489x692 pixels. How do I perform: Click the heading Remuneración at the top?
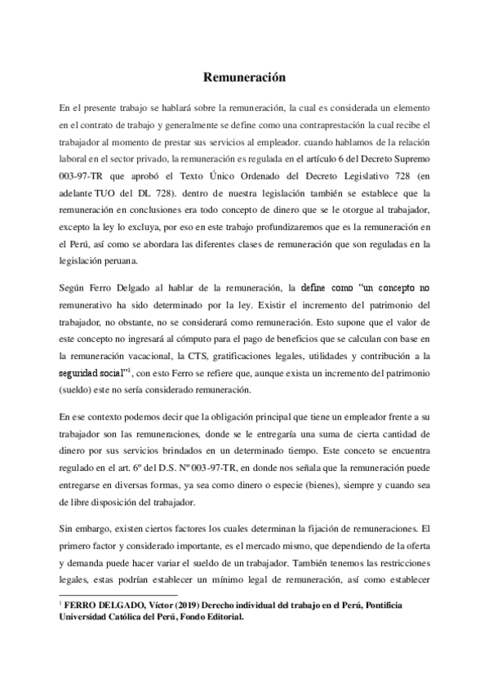click(x=244, y=78)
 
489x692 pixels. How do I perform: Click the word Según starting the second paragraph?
click(x=73, y=288)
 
